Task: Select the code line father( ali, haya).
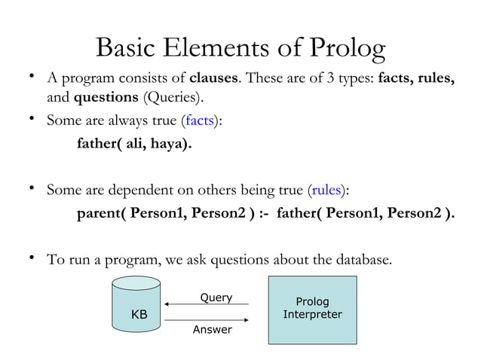(133, 144)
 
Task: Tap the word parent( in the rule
(102, 213)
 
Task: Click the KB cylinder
(136, 305)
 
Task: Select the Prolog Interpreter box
(312, 310)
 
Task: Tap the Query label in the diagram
(216, 297)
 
